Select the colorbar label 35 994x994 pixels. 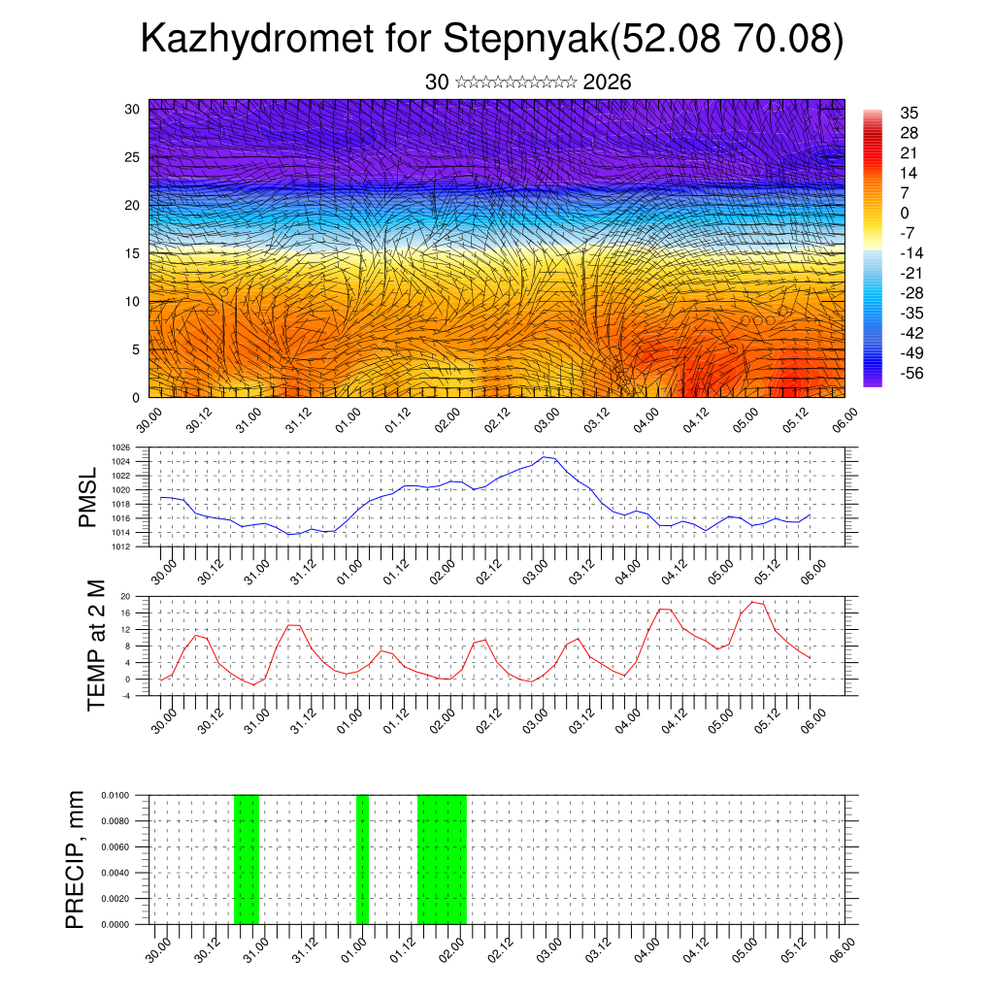[910, 113]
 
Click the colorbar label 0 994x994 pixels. [905, 213]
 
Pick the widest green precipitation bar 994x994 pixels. [442, 858]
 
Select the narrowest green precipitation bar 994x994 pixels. [362, 858]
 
